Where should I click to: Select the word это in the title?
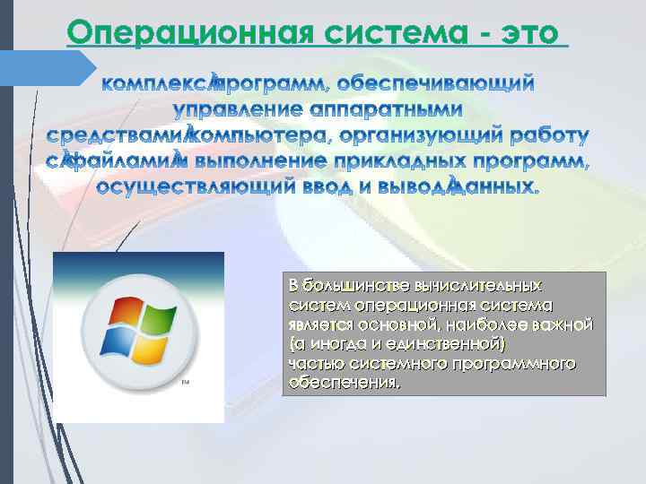(530, 33)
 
